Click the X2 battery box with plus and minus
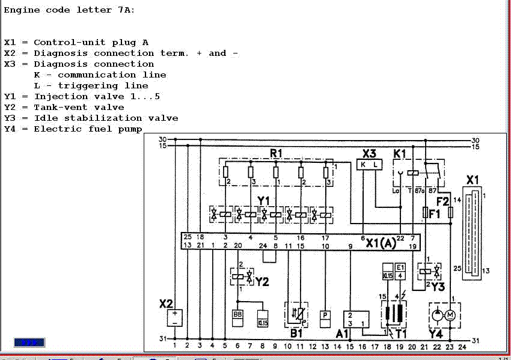point(175,318)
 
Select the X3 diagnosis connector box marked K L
point(369,164)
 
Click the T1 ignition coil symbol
point(393,313)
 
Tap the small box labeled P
point(325,314)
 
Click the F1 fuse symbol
point(426,212)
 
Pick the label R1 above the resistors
point(276,154)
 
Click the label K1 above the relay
point(400,153)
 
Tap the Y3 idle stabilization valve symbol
point(433,271)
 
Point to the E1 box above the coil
point(401,271)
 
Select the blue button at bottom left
point(29,343)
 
